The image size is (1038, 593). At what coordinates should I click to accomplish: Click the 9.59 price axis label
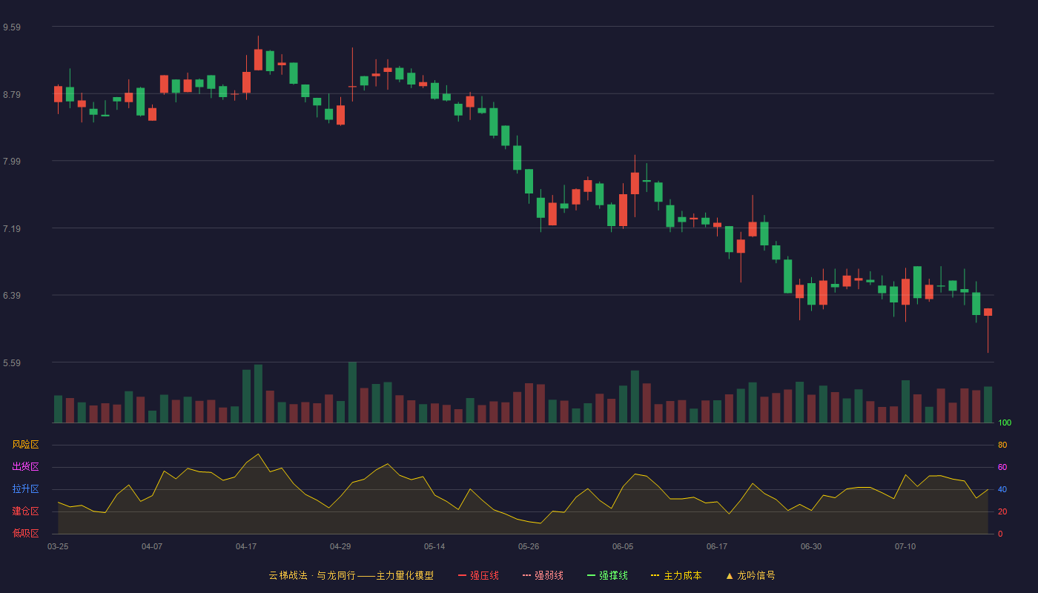[x=12, y=27]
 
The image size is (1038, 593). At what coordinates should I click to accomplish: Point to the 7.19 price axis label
[x=12, y=228]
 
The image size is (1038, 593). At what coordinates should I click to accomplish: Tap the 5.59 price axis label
[x=12, y=362]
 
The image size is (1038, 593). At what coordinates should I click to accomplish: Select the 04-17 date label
[x=246, y=546]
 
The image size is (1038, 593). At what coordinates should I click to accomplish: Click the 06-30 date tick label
[x=811, y=546]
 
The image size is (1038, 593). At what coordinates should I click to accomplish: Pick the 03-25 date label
[x=58, y=546]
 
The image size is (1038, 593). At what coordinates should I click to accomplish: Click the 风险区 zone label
[x=25, y=444]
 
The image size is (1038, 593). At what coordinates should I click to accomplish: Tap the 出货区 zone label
[x=25, y=466]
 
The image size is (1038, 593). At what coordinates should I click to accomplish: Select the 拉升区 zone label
[x=25, y=488]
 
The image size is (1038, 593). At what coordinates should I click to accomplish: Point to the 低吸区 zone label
[x=25, y=533]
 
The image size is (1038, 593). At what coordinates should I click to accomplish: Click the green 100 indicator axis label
[x=1005, y=423]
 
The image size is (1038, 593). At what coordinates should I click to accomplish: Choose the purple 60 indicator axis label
[x=1002, y=467]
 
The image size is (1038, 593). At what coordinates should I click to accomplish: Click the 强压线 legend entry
[x=478, y=575]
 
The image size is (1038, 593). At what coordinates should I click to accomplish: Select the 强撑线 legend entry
[x=607, y=575]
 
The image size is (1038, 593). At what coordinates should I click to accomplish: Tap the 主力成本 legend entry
[x=676, y=575]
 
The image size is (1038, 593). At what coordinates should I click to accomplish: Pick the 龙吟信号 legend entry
[x=750, y=575]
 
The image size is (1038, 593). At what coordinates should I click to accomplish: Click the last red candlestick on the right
[x=988, y=312]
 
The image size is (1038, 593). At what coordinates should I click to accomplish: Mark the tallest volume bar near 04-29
[x=352, y=392]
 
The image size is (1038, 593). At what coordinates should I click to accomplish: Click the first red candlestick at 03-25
[x=58, y=94]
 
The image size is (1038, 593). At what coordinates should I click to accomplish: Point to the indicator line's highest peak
[x=258, y=454]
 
